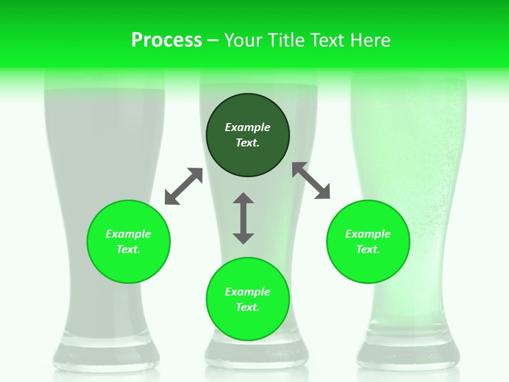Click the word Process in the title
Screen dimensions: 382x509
[x=166, y=40]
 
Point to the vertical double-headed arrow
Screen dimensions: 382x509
[x=243, y=218]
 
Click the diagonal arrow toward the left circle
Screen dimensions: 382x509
[x=183, y=186]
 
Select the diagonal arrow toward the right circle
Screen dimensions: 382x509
[x=311, y=180]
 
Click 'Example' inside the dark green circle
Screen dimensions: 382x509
[x=248, y=127]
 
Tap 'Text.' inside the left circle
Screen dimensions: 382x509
[x=128, y=249]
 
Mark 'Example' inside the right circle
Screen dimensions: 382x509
[x=368, y=234]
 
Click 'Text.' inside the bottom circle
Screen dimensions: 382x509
[x=248, y=307]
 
